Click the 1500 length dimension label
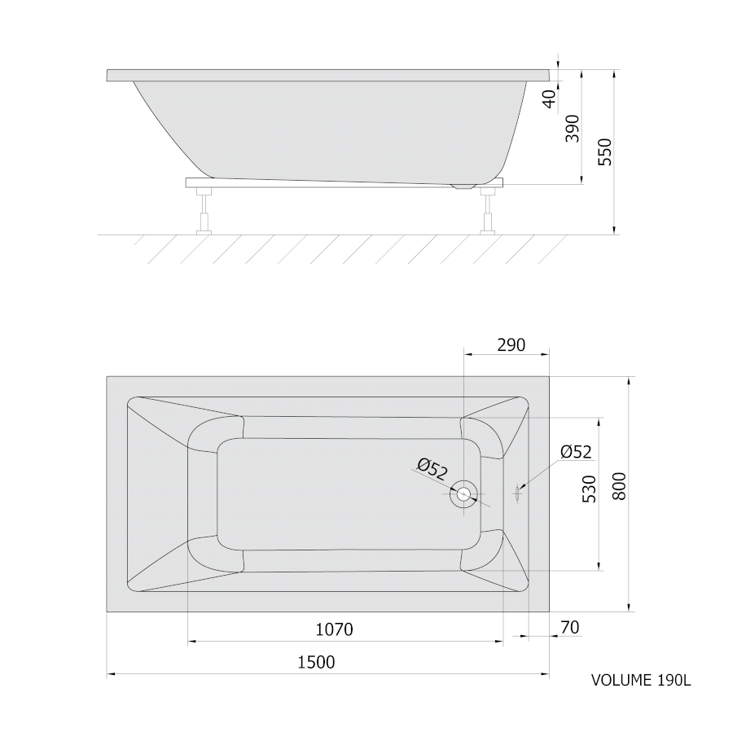[x=317, y=662]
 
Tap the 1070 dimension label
[x=334, y=629]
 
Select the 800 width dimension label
[x=619, y=486]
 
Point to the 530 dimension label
[x=590, y=489]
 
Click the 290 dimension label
[x=511, y=345]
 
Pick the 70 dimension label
[x=570, y=627]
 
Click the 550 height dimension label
[x=605, y=152]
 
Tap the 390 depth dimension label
[x=573, y=129]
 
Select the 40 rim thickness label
[x=551, y=99]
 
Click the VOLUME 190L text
[x=641, y=680]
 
